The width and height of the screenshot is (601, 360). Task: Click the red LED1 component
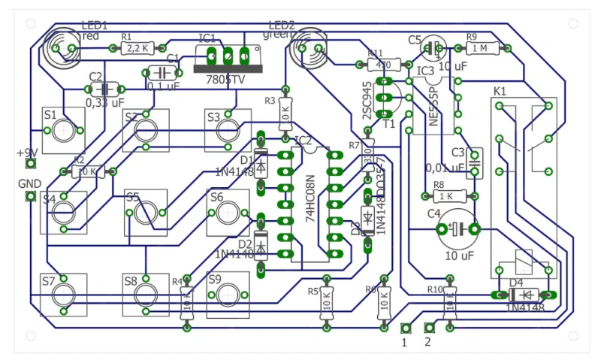(x=62, y=47)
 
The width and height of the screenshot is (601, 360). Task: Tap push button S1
(x=65, y=130)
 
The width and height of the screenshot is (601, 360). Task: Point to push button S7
(x=65, y=294)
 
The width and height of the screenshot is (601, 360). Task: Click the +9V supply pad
(x=31, y=164)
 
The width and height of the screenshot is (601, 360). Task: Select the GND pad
(x=31, y=197)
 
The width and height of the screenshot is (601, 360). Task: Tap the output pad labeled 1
(x=406, y=328)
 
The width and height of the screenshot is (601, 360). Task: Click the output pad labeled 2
(x=430, y=328)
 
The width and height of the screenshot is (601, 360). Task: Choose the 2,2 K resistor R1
(x=137, y=48)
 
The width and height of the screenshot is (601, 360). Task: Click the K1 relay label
(x=500, y=91)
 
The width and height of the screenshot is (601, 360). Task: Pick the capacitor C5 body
(x=434, y=48)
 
